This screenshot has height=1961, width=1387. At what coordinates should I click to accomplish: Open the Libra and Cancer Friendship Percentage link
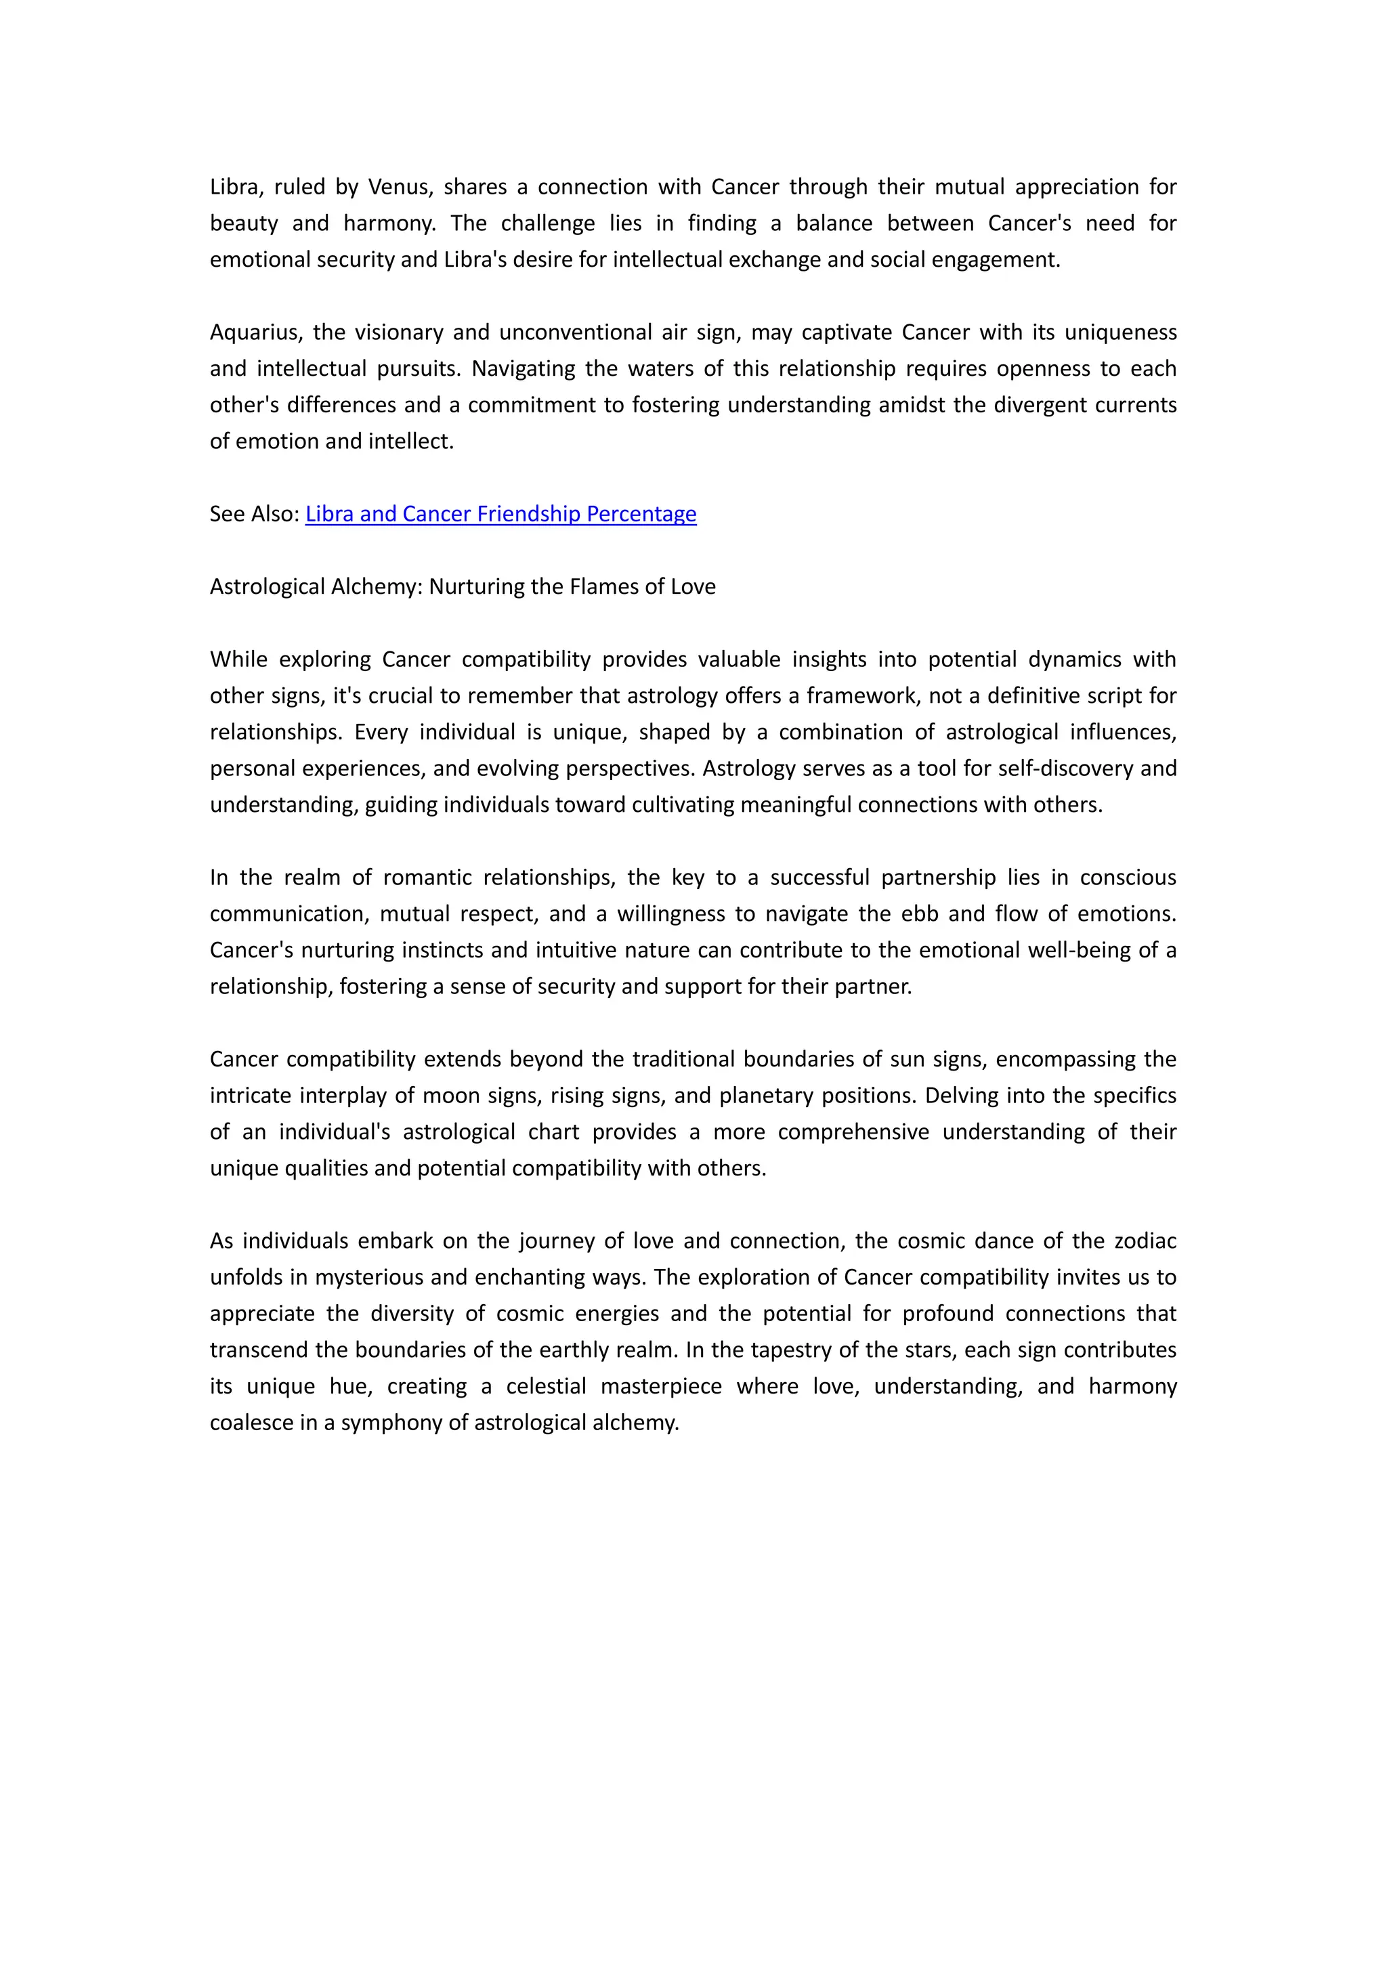[500, 514]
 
